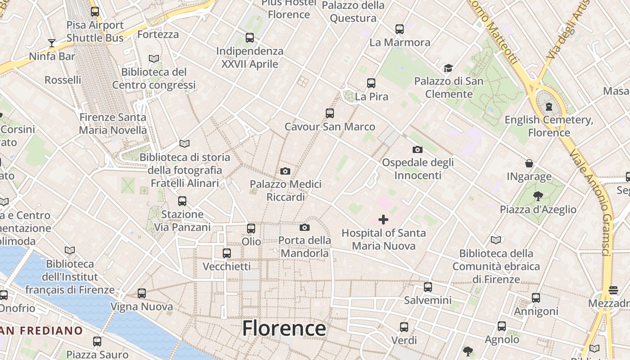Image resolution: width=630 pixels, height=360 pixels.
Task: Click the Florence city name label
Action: [x=284, y=328]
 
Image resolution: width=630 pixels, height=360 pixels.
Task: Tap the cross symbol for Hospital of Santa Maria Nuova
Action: [x=383, y=220]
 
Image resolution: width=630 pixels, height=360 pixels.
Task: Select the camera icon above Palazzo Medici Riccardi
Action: [x=285, y=171]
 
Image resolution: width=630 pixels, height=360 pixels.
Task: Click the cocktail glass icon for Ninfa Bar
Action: [x=52, y=43]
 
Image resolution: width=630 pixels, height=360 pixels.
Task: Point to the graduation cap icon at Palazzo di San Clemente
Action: [x=448, y=68]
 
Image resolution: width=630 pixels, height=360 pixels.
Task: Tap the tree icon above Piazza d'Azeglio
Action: [x=537, y=196]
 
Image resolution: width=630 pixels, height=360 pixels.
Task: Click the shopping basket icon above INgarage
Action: [x=529, y=163]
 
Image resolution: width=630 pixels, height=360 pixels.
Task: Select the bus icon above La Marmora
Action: [x=400, y=29]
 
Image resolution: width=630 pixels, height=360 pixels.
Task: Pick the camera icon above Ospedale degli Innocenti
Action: [x=418, y=149]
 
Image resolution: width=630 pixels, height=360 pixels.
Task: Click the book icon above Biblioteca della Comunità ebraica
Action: [x=496, y=240]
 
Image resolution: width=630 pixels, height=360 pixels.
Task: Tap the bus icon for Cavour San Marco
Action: [x=330, y=113]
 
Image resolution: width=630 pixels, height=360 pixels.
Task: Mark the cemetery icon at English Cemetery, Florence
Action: [x=549, y=107]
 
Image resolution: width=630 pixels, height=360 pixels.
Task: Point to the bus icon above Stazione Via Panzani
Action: [x=182, y=201]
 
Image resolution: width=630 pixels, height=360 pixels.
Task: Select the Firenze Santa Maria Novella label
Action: [x=113, y=124]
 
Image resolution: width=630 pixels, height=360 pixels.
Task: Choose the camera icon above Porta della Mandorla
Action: [x=305, y=227]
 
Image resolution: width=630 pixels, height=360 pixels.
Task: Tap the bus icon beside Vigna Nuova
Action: [x=142, y=293]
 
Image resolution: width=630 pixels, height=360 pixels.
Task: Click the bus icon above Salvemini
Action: [x=428, y=287]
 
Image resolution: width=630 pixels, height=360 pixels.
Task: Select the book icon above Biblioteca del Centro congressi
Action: [x=154, y=58]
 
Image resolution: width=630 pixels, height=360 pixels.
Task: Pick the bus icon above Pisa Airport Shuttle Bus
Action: [x=95, y=12]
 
